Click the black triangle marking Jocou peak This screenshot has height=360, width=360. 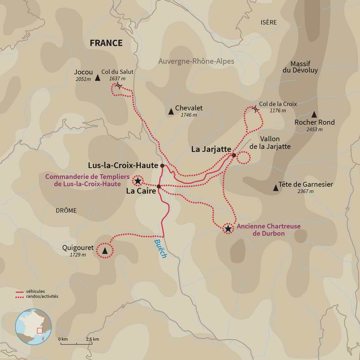pos(98,78)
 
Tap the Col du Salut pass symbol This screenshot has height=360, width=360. pos(118,86)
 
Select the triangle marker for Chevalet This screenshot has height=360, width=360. pos(171,111)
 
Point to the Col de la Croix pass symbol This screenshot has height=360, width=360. pos(255,109)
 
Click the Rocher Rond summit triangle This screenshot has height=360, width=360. pos(314,114)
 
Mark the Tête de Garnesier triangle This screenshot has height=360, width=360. pos(276,188)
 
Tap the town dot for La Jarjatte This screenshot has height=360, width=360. pos(234,155)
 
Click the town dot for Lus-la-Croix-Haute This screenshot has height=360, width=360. pos(162,165)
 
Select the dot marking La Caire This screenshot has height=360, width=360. pos(159,187)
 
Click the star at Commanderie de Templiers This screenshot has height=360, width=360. pos(138,181)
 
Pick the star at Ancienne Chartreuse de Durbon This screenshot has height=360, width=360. pos(228,228)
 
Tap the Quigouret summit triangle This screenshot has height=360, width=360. pos(105,251)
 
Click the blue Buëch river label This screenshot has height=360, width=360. pos(160,249)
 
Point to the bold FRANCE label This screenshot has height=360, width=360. pos(106,43)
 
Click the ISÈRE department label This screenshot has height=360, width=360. pos(269,22)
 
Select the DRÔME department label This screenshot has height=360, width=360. pos(66,211)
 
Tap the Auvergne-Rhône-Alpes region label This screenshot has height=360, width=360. pos(196,61)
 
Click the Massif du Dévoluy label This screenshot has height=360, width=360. pos(300,67)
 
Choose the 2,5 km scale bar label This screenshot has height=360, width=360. pos(92,339)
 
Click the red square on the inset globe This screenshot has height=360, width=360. pos(40,331)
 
